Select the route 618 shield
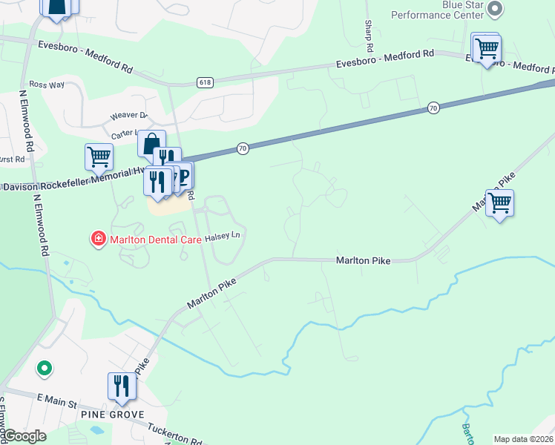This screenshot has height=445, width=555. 206,82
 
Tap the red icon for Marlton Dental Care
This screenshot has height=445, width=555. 97,238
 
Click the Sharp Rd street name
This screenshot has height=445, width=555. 368,30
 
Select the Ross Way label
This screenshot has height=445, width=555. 47,85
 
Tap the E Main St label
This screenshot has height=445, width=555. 57,404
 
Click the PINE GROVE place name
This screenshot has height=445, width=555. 118,415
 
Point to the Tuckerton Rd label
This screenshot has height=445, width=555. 176,433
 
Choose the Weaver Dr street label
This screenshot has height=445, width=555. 128,116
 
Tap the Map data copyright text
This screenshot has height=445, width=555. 524,439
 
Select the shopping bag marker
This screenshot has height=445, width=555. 151,143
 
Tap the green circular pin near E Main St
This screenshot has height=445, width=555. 45,367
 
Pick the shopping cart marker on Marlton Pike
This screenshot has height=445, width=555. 500,202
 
